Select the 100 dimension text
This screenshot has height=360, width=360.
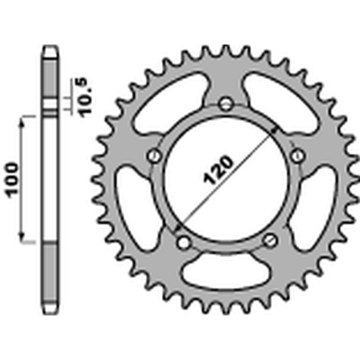pyautogui.click(x=13, y=179)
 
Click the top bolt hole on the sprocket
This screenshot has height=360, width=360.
pyautogui.click(x=225, y=104)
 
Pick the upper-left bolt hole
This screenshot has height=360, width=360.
pyautogui.click(x=155, y=156)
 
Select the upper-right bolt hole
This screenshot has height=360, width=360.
pyautogui.click(x=297, y=156)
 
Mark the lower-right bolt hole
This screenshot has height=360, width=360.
pyautogui.click(x=270, y=240)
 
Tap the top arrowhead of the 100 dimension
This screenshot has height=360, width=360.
pyautogui.click(x=21, y=121)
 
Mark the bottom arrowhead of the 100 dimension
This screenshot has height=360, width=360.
pyautogui.click(x=21, y=238)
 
